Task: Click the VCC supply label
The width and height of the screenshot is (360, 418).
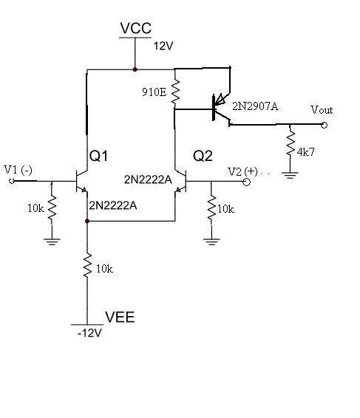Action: point(135,28)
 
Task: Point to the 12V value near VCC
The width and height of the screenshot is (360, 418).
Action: point(163,46)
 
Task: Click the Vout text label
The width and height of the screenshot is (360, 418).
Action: point(322,110)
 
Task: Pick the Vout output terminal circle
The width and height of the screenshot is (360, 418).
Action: point(324,125)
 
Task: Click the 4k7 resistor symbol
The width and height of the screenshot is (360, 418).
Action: point(291,143)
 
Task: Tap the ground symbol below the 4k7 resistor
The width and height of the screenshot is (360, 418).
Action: point(290,175)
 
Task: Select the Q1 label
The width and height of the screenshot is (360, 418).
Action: point(98,156)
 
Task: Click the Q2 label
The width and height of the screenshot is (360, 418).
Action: point(203,156)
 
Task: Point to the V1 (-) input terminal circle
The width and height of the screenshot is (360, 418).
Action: point(12,181)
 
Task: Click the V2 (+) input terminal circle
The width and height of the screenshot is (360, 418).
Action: point(247,182)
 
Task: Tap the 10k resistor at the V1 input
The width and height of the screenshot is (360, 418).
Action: point(52,208)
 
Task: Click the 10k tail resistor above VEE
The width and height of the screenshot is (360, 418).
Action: point(87,265)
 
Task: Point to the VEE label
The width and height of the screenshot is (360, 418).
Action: point(120,317)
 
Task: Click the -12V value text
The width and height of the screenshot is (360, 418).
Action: point(89,333)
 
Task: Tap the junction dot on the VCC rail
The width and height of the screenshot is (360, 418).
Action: point(135,69)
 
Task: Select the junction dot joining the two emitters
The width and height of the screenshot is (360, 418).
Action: point(87,221)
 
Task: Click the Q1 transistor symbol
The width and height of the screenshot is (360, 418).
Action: point(81,181)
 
